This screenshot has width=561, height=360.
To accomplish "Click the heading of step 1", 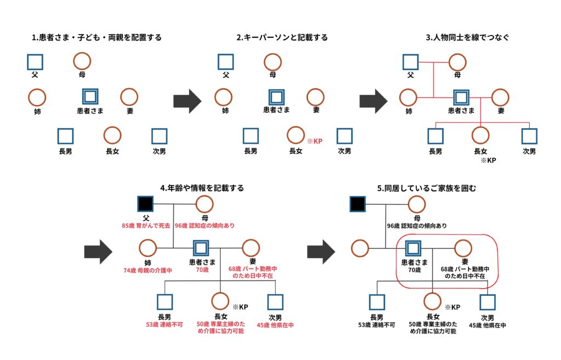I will pyautogui.click(x=97, y=38).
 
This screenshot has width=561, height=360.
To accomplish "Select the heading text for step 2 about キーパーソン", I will pyautogui.click(x=282, y=38).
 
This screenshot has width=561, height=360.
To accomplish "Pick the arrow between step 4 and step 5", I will pyautogui.click(x=320, y=251).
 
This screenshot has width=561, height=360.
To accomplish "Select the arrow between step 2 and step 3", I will pyautogui.click(x=373, y=102).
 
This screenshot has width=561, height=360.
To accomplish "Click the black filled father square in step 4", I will pyautogui.click(x=145, y=204).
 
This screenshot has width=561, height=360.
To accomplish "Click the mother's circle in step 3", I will pyautogui.click(x=458, y=62).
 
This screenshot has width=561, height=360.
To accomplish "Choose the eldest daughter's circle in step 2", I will pyautogui.click(x=295, y=135).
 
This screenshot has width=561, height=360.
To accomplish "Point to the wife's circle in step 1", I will pyautogui.click(x=129, y=97).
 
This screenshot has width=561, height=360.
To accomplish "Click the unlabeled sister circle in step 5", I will pyautogui.click(x=360, y=248).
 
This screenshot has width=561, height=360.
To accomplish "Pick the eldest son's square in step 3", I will pyautogui.click(x=436, y=135).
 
